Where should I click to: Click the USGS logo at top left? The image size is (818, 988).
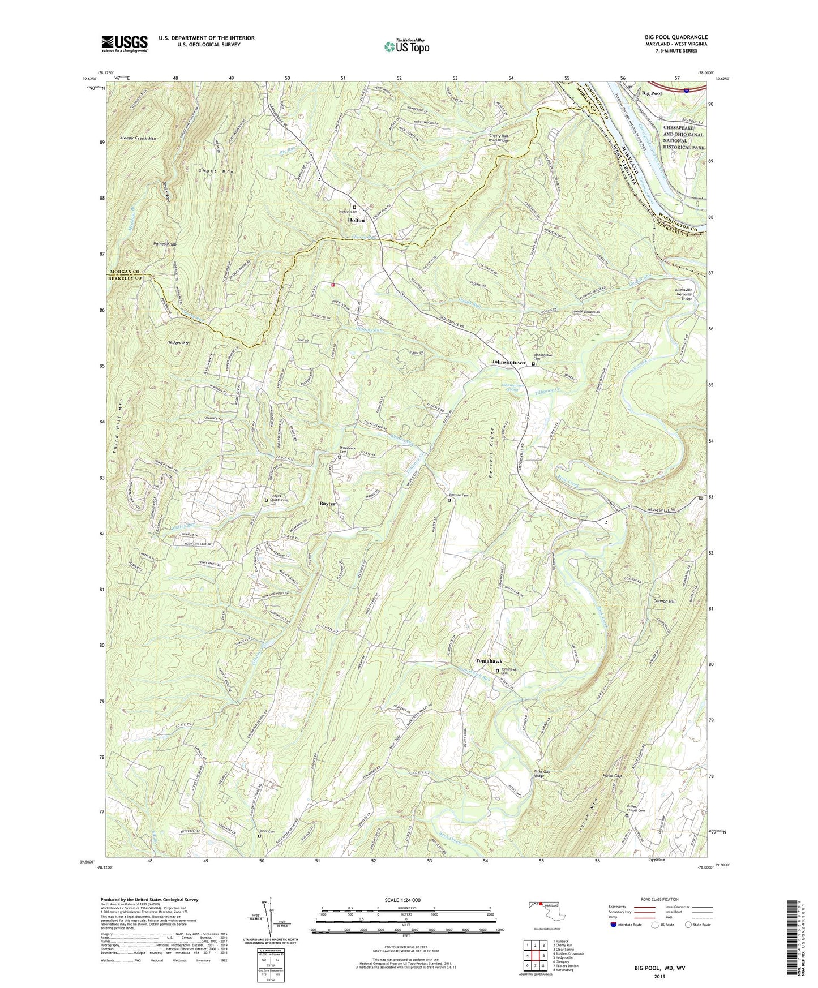125,43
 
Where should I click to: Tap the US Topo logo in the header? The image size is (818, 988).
406,46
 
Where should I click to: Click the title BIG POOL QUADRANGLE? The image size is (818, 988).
671,37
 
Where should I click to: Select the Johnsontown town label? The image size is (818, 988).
508,362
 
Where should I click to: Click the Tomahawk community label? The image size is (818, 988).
489,661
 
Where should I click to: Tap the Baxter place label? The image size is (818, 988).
327,504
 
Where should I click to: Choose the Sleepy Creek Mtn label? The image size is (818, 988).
138,138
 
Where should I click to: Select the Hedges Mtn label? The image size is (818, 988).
178,343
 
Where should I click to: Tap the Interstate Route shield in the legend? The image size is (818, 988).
614,925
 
